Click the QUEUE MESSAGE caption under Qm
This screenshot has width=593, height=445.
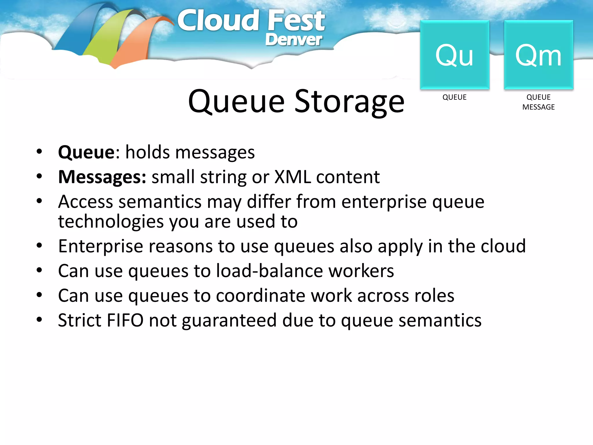pyautogui.click(x=538, y=102)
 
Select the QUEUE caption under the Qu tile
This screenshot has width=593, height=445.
pyautogui.click(x=454, y=97)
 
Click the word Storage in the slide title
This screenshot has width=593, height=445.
pyautogui.click(x=349, y=101)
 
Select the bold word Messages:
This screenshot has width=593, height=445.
pyautogui.click(x=102, y=177)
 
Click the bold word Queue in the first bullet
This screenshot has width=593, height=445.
pyautogui.click(x=87, y=152)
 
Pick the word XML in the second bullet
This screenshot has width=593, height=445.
pyautogui.click(x=292, y=177)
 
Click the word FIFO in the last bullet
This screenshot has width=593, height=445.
pyautogui.click(x=125, y=320)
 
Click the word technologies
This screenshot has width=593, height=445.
pyautogui.click(x=111, y=222)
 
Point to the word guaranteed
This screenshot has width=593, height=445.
pyautogui.click(x=229, y=321)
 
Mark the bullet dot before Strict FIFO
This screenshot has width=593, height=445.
pyautogui.click(x=39, y=320)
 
